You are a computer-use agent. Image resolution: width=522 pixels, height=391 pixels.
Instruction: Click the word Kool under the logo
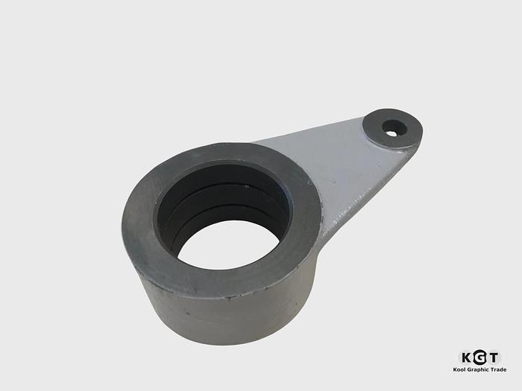pyautogui.click(x=461, y=369)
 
